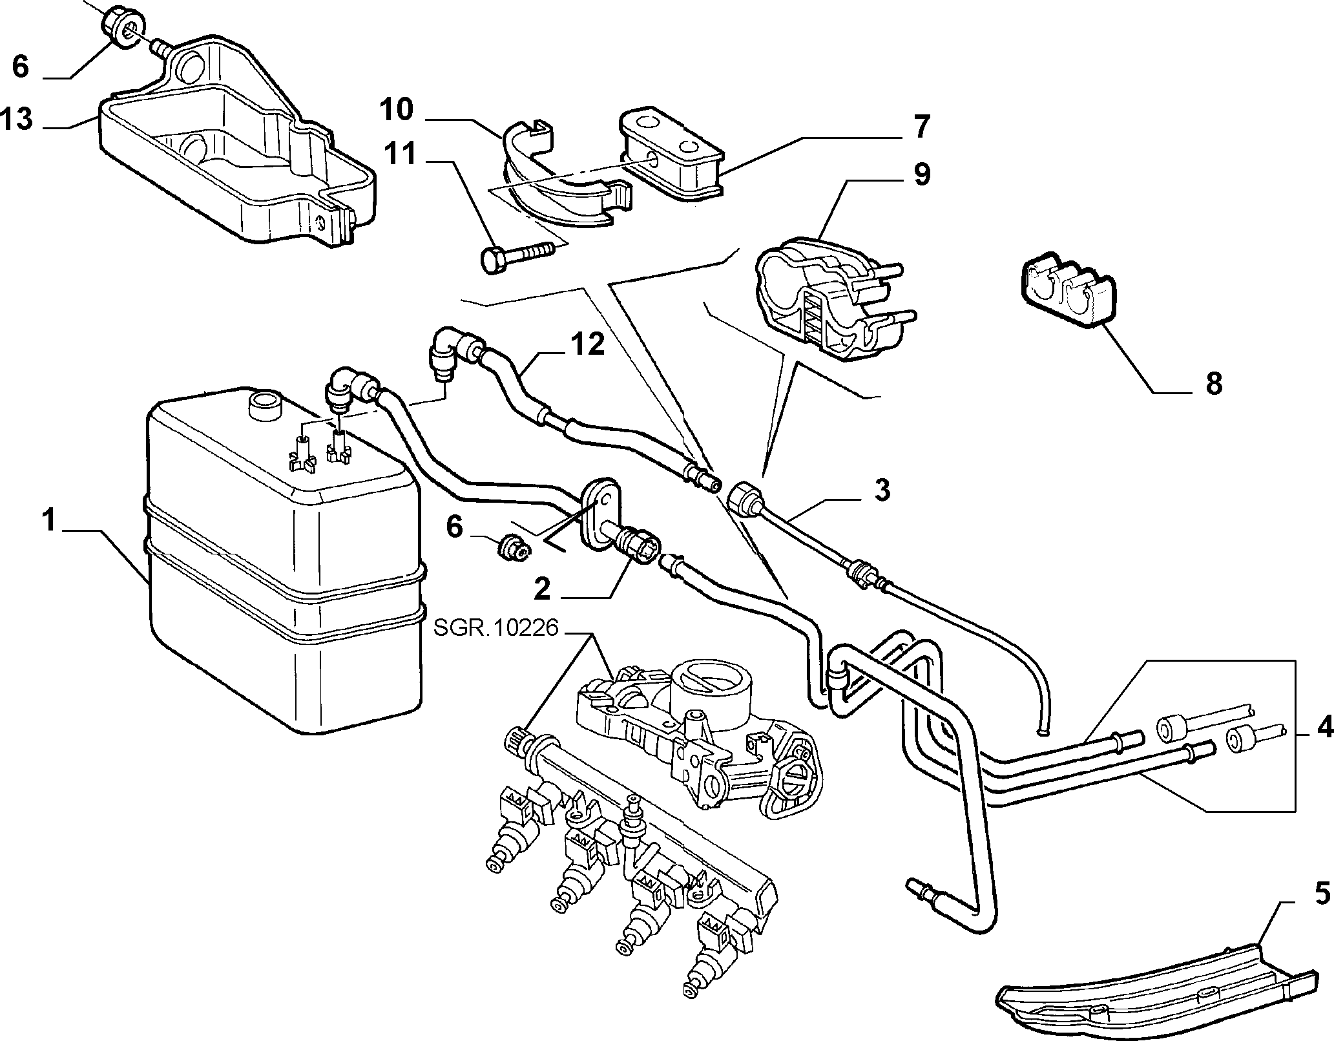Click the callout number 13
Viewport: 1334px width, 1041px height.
[17, 120]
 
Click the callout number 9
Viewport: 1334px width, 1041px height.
[921, 174]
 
